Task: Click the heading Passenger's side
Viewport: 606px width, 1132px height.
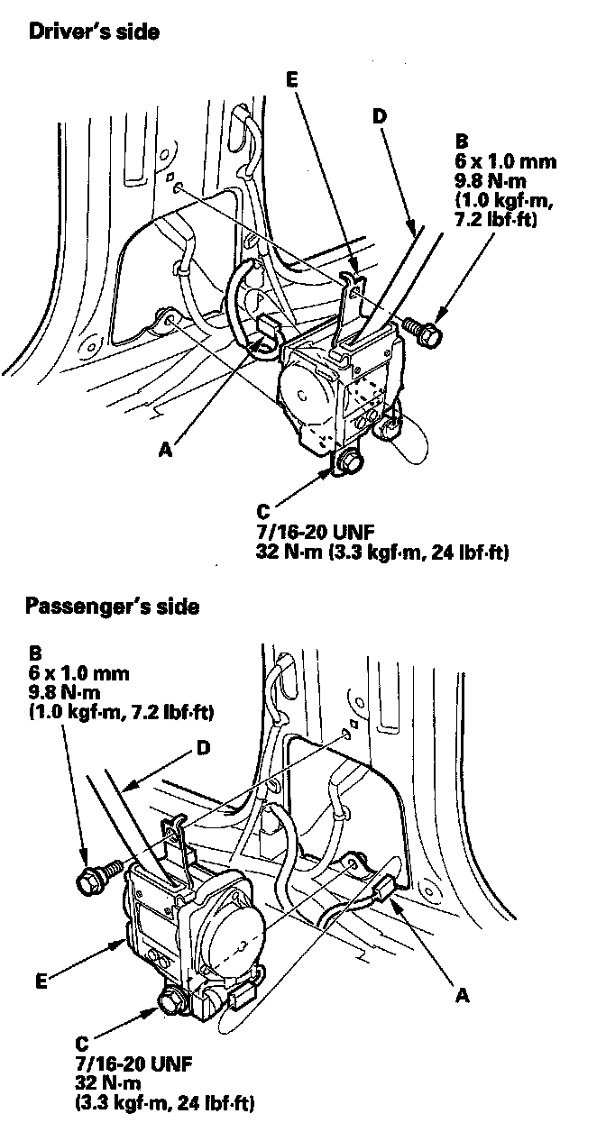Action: tap(112, 606)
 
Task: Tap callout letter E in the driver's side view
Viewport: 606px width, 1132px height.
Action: tap(290, 80)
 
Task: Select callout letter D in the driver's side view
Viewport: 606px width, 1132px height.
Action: tap(379, 117)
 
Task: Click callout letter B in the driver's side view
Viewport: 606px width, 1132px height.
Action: tap(463, 141)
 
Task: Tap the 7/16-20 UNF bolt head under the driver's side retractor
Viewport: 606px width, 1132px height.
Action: tap(352, 461)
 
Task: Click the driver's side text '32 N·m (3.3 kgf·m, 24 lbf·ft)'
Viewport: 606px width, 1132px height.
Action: tap(382, 551)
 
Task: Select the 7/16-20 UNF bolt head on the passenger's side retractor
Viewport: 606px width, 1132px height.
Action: tap(170, 1000)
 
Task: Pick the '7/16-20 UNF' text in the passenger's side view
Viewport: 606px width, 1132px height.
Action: tap(124, 1062)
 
